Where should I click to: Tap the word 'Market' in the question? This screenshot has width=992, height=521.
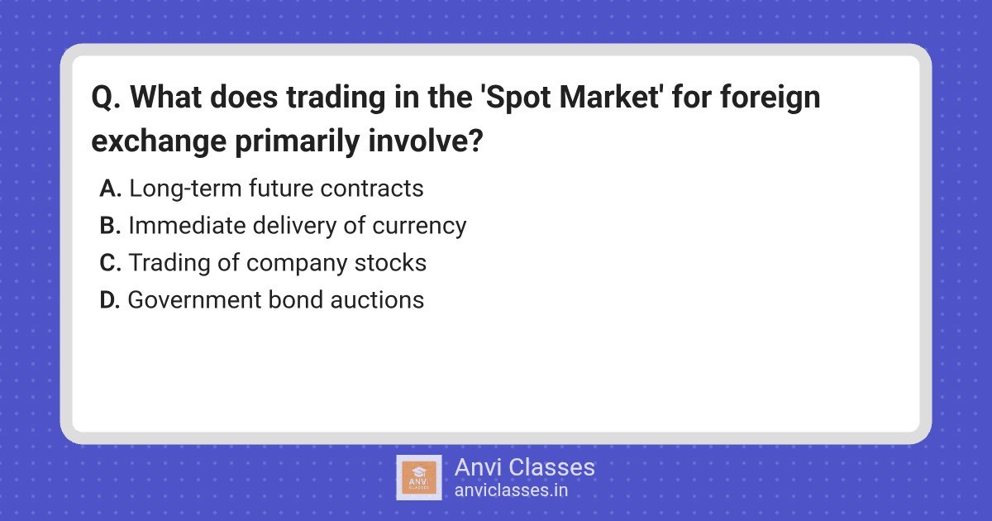[612, 97]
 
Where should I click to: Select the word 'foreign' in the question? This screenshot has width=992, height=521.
[770, 98]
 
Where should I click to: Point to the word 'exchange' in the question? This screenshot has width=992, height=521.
[159, 141]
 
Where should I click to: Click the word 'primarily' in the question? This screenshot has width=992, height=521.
[297, 141]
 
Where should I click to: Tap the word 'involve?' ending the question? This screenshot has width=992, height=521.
[425, 141]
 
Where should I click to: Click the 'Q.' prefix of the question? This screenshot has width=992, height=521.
[106, 98]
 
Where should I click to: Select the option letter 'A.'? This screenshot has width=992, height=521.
[111, 189]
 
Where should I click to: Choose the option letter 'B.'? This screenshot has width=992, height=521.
[110, 226]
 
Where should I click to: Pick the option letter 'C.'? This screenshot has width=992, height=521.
[111, 263]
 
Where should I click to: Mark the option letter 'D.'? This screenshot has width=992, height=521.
[110, 300]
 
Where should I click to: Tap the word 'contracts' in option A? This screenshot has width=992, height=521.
[372, 189]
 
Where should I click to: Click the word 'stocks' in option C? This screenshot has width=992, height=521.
[390, 263]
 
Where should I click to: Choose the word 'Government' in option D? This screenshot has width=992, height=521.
[195, 300]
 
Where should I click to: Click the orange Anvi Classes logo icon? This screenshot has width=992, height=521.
[419, 478]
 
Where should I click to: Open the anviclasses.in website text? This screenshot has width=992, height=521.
[511, 490]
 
